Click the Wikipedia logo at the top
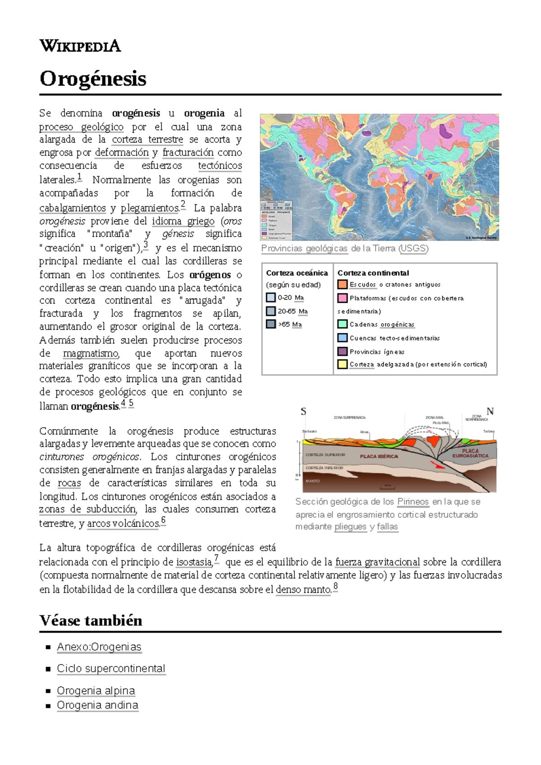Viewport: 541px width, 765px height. [80, 46]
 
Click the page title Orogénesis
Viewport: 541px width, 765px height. [93, 79]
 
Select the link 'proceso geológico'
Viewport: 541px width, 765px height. [81, 127]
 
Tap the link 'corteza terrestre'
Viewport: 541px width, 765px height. [147, 140]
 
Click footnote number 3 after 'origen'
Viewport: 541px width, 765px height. [146, 245]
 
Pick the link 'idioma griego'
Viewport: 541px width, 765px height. [183, 221]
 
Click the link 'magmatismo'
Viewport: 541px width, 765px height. [91, 353]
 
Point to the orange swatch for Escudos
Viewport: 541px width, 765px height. [343, 284]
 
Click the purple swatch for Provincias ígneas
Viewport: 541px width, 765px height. [343, 351]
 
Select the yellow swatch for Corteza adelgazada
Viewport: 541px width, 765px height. [343, 364]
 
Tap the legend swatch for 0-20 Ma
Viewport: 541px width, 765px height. [270, 297]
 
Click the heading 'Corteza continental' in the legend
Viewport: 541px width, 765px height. [373, 273]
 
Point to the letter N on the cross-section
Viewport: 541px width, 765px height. [490, 411]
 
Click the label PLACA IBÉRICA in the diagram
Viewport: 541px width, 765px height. [379, 456]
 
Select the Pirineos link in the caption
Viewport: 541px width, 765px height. [413, 501]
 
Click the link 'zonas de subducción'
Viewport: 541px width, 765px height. [87, 509]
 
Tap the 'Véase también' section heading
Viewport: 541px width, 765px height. [91, 620]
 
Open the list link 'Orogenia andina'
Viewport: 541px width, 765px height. [97, 705]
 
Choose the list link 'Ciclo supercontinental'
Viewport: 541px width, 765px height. [111, 669]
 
